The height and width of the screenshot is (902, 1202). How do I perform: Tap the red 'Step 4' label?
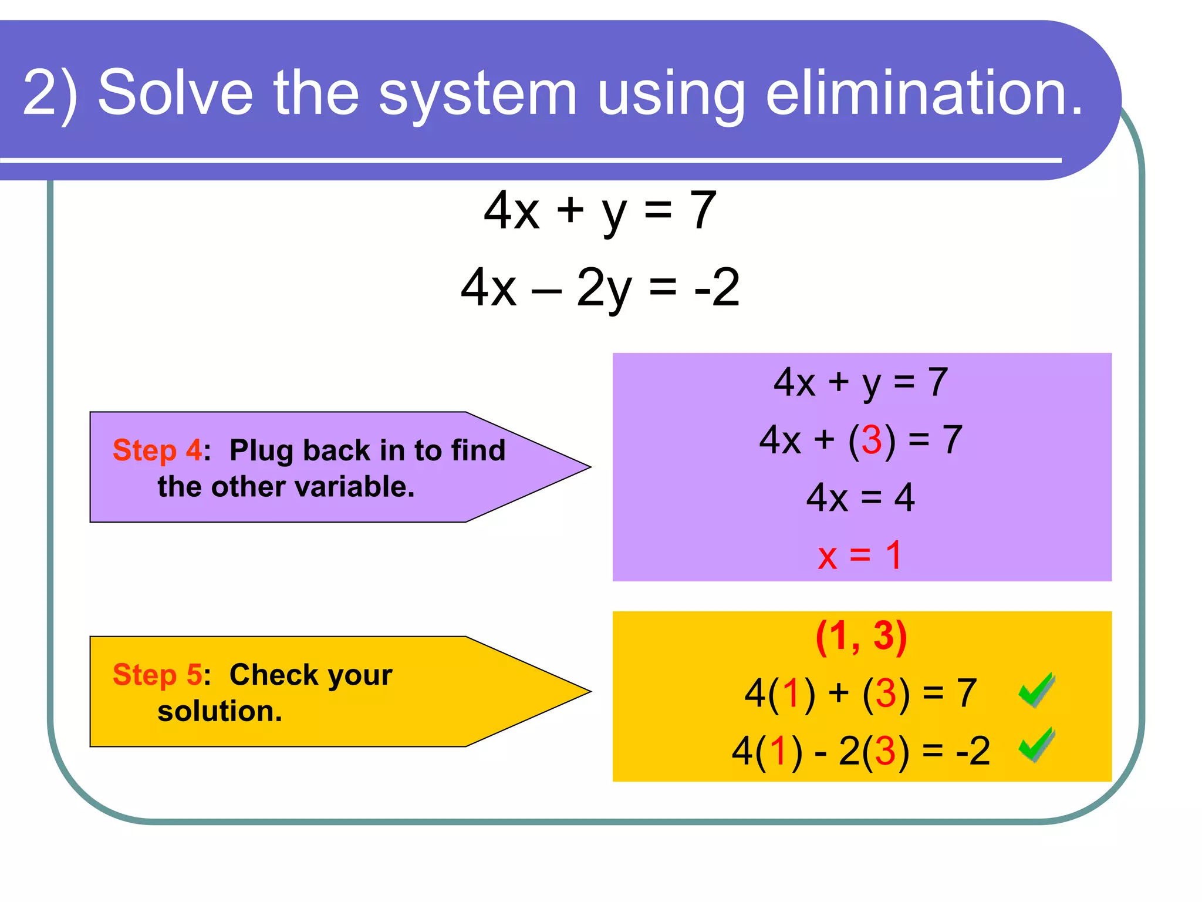[157, 451]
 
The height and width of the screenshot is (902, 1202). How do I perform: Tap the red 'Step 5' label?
[157, 675]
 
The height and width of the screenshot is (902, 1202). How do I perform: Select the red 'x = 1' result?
[860, 555]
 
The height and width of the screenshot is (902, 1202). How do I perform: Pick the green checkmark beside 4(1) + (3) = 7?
[1036, 690]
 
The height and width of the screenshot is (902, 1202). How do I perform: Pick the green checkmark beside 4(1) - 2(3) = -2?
[1036, 746]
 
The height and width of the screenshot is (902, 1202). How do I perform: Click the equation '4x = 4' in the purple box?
[860, 498]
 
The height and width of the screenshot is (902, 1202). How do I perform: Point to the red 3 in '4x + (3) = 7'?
[872, 440]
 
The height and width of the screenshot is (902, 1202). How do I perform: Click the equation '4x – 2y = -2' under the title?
[600, 288]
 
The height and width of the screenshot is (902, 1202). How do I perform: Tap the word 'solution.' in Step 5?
[220, 712]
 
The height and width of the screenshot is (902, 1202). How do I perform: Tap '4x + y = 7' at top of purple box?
[860, 383]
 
